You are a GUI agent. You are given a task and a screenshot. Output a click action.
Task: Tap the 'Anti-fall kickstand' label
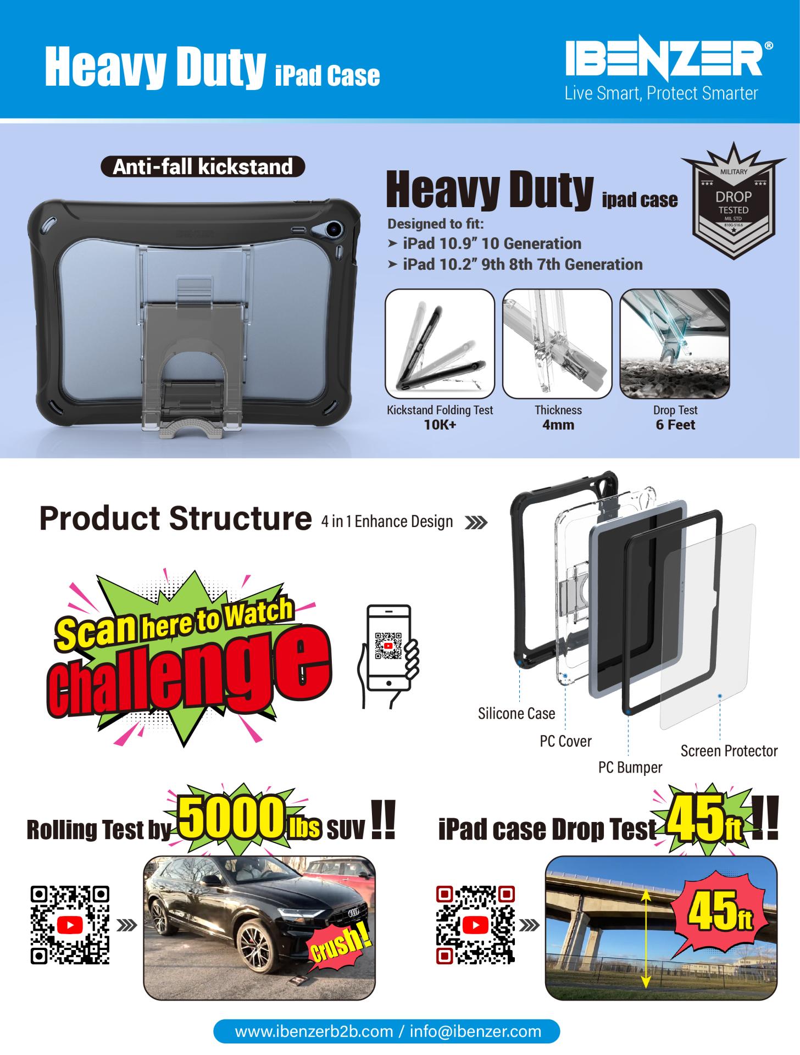(x=203, y=166)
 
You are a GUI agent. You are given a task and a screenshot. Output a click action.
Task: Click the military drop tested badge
(x=734, y=200)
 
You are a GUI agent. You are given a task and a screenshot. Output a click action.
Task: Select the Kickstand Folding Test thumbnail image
(x=440, y=343)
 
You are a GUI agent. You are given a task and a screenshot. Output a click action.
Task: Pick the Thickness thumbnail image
(x=557, y=343)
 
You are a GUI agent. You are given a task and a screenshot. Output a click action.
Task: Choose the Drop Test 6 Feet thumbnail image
(x=675, y=343)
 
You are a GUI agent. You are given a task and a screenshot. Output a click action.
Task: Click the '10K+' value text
(x=440, y=425)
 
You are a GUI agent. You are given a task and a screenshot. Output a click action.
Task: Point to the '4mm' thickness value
(x=558, y=425)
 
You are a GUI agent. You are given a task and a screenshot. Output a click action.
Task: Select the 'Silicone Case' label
(x=516, y=713)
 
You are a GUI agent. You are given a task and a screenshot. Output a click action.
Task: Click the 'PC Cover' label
(x=565, y=741)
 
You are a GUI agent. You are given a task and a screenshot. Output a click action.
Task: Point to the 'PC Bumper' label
(x=630, y=767)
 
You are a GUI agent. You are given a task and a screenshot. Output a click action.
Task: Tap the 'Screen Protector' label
(x=729, y=751)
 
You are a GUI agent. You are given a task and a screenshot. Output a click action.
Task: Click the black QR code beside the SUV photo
(x=70, y=925)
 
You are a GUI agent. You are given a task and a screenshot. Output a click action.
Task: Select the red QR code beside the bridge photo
(x=476, y=925)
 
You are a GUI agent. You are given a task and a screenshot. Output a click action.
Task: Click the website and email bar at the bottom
(x=387, y=1031)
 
